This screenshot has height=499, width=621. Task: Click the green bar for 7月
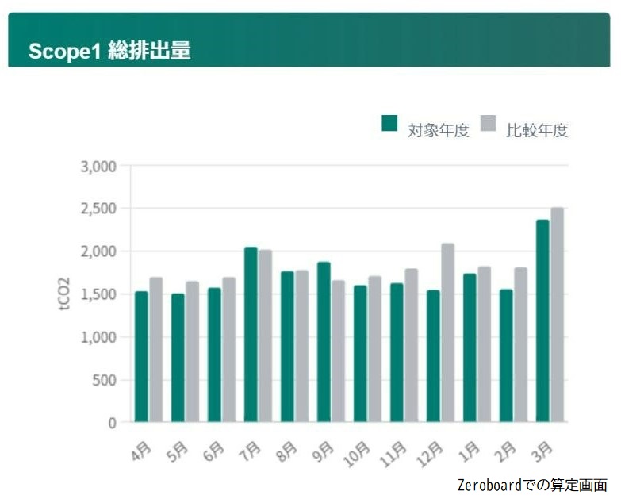click(x=251, y=335)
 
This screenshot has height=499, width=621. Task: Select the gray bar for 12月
click(x=448, y=333)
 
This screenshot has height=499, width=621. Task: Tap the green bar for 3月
click(x=542, y=321)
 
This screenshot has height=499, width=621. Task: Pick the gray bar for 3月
click(x=558, y=315)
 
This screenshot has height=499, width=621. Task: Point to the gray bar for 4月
click(x=156, y=350)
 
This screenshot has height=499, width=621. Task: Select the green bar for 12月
click(x=433, y=356)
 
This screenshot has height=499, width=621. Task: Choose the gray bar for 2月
click(x=521, y=345)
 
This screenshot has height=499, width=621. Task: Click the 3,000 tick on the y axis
click(x=99, y=167)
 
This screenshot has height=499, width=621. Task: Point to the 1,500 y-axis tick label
click(x=99, y=294)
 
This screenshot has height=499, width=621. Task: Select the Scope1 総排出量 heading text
click(x=109, y=51)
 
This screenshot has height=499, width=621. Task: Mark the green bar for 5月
click(x=178, y=358)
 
